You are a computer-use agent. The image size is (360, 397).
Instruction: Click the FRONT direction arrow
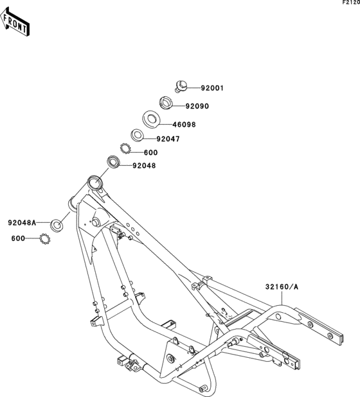(x=15, y=22)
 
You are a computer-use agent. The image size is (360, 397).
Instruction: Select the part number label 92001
(x=212, y=88)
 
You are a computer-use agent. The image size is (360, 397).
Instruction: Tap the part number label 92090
(x=197, y=106)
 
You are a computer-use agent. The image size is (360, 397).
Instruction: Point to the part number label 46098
(x=184, y=125)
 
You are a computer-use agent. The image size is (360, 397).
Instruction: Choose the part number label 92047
(x=168, y=139)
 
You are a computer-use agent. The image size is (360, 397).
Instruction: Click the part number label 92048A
(x=22, y=223)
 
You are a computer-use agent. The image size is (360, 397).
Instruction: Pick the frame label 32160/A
(x=282, y=287)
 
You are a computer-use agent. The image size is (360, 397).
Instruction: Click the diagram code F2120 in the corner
(x=351, y=3)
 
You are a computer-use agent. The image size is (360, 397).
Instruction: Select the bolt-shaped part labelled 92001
(x=181, y=86)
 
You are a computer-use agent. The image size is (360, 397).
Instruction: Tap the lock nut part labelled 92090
(x=166, y=103)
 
